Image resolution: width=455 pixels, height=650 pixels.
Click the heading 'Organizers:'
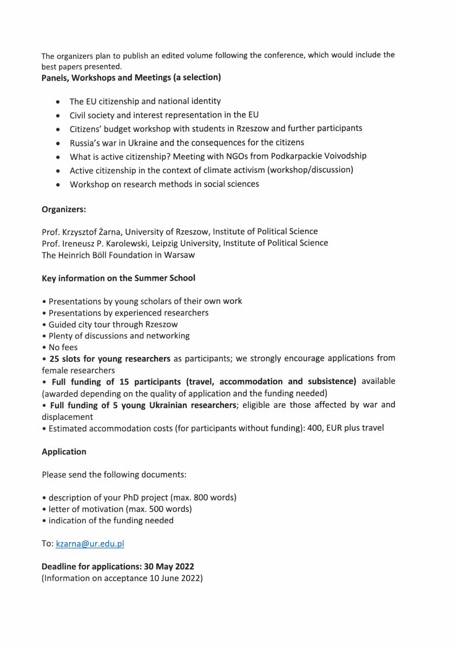point(64,209)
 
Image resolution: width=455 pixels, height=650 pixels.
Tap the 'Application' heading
point(64,451)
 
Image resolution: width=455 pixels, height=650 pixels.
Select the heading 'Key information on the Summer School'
point(118,278)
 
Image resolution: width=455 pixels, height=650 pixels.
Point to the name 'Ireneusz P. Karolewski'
point(103,243)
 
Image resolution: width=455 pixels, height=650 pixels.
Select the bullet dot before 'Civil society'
point(58,115)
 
